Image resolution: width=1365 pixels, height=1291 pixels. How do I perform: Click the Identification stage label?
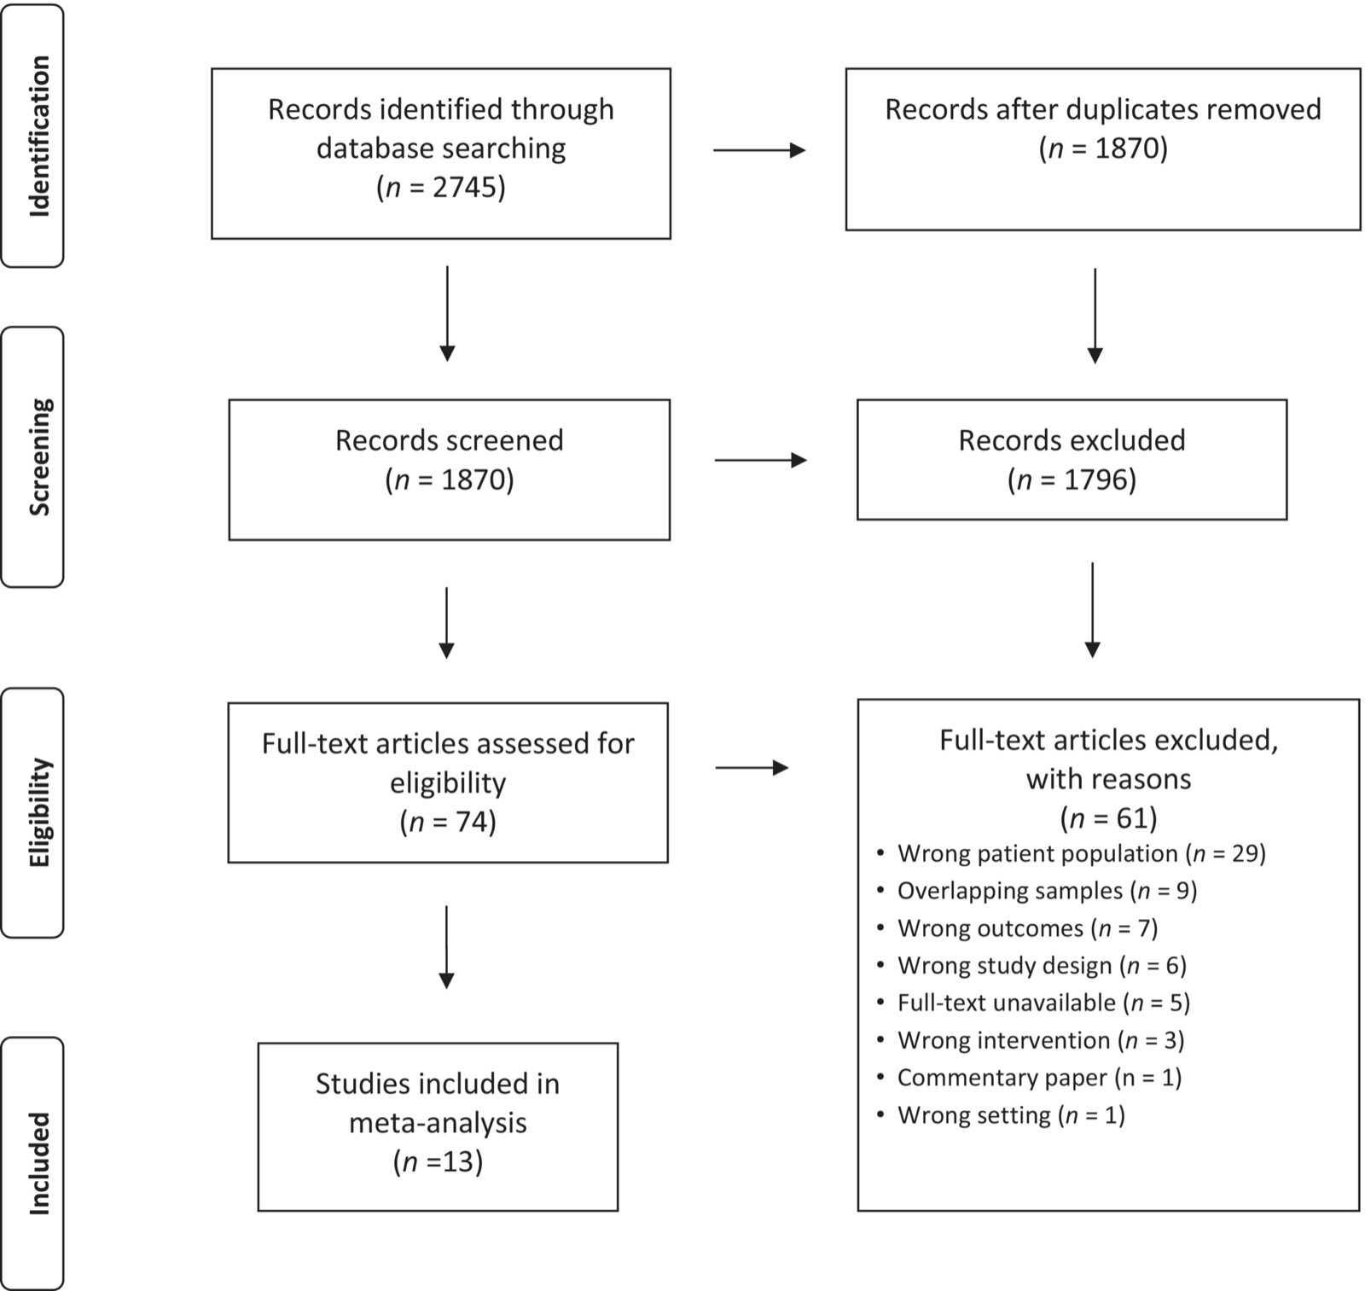[39, 137]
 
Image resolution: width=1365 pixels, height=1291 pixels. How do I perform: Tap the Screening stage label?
[39, 457]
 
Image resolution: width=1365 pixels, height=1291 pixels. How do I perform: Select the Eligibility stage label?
[39, 812]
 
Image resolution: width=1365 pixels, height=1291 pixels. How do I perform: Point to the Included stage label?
[39, 1163]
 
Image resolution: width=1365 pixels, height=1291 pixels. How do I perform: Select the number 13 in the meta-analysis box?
[457, 1161]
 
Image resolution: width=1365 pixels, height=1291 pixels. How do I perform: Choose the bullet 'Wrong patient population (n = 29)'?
[1072, 854]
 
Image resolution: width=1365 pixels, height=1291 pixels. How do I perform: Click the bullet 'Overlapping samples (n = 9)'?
[1037, 891]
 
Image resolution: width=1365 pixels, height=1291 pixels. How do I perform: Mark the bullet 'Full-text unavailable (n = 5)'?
[1033, 1003]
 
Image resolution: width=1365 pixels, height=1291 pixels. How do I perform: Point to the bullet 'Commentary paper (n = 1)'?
[1029, 1078]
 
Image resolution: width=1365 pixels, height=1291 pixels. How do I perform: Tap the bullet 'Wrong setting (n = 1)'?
[1001, 1115]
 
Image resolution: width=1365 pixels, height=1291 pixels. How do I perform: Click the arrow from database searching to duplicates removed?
[759, 151]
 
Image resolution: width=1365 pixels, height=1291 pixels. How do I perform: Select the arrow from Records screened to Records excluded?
[760, 461]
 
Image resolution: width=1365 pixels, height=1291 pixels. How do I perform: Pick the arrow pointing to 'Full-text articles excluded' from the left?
[752, 768]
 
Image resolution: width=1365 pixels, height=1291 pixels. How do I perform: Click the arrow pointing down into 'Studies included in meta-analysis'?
[446, 947]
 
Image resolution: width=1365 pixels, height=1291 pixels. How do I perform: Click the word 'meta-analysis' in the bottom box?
[438, 1123]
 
